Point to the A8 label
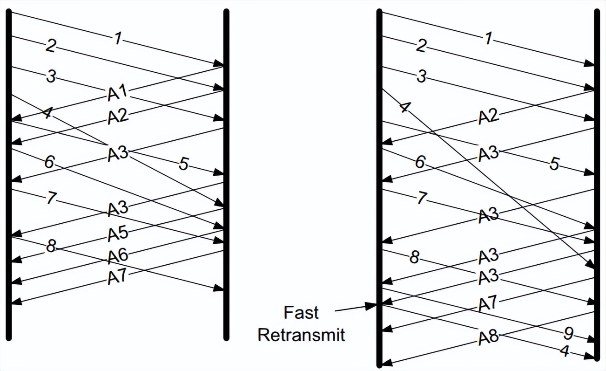488,337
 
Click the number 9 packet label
568,333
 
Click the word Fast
302,312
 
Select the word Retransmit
302,335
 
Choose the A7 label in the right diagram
488,303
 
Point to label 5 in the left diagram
184,164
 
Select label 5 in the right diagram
554,164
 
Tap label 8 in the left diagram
51,247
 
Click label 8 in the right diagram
414,257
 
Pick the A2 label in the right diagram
488,117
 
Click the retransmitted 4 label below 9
566,351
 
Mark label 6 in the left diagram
50,162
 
